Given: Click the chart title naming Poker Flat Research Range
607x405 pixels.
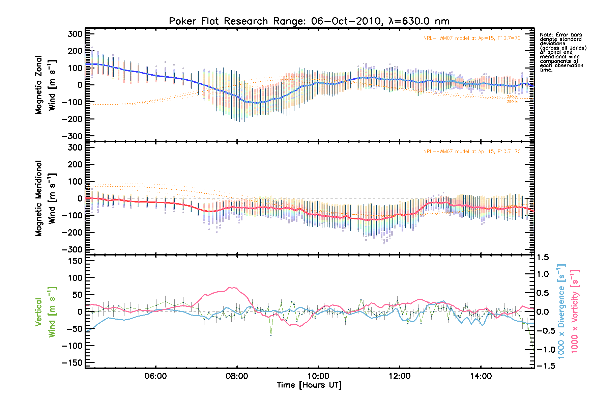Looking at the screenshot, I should [309, 21].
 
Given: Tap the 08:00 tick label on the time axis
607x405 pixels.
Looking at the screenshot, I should [237, 376].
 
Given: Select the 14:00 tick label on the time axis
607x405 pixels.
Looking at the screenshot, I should [481, 376].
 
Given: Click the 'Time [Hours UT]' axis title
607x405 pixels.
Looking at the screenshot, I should [309, 385].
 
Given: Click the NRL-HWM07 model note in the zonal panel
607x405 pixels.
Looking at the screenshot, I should [472, 38].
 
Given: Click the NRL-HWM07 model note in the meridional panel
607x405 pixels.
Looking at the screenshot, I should [472, 152].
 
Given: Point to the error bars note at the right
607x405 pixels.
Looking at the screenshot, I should [562, 52].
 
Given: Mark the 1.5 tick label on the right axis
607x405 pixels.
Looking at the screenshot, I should [542, 258].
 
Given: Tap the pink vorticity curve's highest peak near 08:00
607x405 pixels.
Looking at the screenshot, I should [230, 287].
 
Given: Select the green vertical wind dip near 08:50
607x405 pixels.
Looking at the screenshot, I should [271, 335].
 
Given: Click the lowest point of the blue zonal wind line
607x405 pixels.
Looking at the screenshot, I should [257, 103].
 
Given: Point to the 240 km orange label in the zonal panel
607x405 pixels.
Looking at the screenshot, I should [514, 97].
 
